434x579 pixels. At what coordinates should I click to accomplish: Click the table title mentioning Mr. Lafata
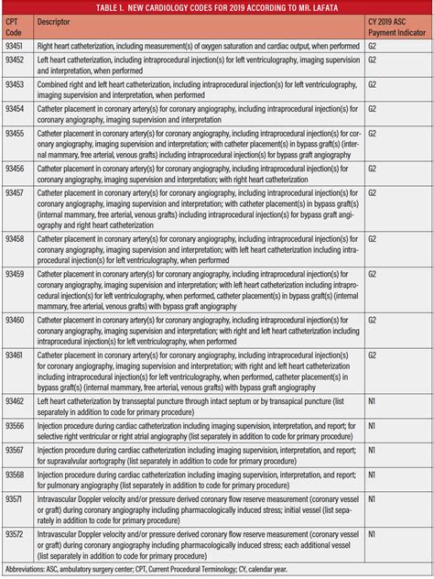click(217, 8)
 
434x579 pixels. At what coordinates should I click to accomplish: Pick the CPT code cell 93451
click(16, 45)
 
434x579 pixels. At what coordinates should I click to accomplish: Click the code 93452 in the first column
click(16, 60)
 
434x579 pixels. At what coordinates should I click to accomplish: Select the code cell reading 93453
click(16, 83)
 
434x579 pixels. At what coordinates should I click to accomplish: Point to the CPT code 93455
click(16, 134)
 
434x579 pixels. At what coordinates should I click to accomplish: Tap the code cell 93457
click(16, 195)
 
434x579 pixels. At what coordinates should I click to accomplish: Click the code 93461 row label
click(16, 354)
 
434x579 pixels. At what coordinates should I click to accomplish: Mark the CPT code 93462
click(16, 401)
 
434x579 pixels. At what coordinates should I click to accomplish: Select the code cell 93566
click(16, 426)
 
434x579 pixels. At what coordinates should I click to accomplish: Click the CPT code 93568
click(16, 475)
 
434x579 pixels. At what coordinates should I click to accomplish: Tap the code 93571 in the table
click(16, 499)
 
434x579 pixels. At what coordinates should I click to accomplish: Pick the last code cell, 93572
click(16, 533)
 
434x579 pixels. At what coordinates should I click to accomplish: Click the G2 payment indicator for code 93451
click(373, 45)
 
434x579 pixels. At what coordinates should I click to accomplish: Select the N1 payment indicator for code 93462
click(373, 401)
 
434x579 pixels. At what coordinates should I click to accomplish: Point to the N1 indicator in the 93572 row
click(373, 533)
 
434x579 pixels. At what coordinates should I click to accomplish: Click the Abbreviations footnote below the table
click(146, 569)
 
